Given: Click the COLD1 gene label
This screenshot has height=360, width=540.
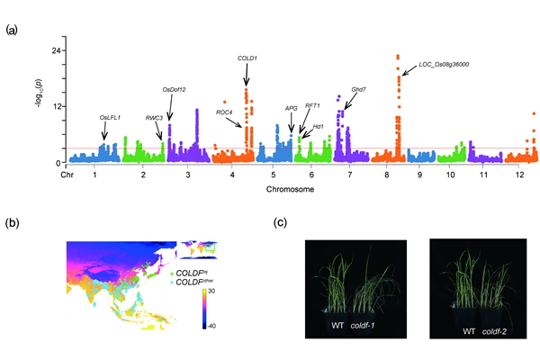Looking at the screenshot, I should tap(247, 58).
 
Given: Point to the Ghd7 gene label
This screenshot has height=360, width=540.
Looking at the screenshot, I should tap(359, 90).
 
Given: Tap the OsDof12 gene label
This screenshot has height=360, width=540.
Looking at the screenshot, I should tap(174, 89).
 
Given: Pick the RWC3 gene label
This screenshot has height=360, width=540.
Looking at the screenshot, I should tap(154, 118).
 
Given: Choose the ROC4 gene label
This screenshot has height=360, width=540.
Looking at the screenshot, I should tap(224, 112).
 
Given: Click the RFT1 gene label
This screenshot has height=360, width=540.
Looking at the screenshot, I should tap(313, 105).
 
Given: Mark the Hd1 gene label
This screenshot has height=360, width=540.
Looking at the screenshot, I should tap(319, 127).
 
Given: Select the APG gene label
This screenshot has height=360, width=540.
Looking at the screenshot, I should tap(291, 108).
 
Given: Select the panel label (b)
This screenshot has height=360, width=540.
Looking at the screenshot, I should tap(11, 220).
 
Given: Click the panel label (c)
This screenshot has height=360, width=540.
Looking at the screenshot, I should tap(281, 220).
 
